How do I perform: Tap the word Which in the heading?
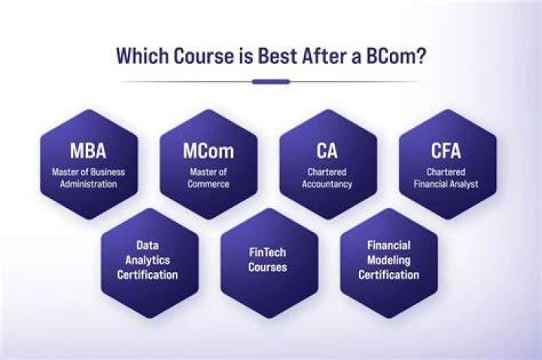[142, 55]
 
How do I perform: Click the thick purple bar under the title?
[271, 82]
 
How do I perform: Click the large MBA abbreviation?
[88, 151]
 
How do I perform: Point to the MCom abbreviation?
[209, 151]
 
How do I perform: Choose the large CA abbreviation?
[327, 151]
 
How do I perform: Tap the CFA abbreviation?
[446, 151]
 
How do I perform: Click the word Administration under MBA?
[89, 184]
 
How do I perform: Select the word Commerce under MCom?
[209, 184]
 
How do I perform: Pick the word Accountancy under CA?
[327, 184]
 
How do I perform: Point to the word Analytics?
[148, 260]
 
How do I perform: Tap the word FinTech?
[267, 252]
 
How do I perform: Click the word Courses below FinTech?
[267, 267]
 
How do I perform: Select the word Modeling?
[389, 260]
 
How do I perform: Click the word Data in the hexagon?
[148, 246]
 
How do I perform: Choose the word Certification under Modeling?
[389, 275]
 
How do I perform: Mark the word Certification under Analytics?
[148, 275]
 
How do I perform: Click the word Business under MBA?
[108, 172]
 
